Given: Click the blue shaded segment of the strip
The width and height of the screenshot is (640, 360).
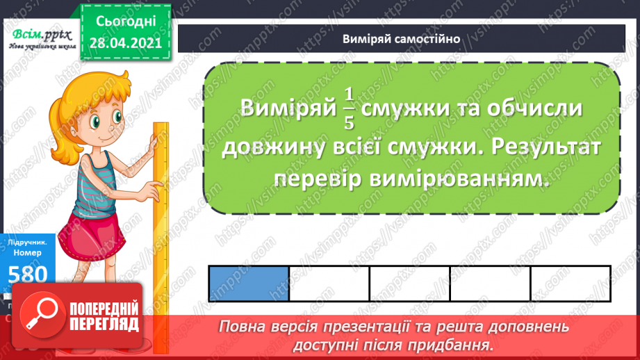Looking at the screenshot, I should click(249, 284).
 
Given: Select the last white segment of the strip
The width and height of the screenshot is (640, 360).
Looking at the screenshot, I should click(570, 284).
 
